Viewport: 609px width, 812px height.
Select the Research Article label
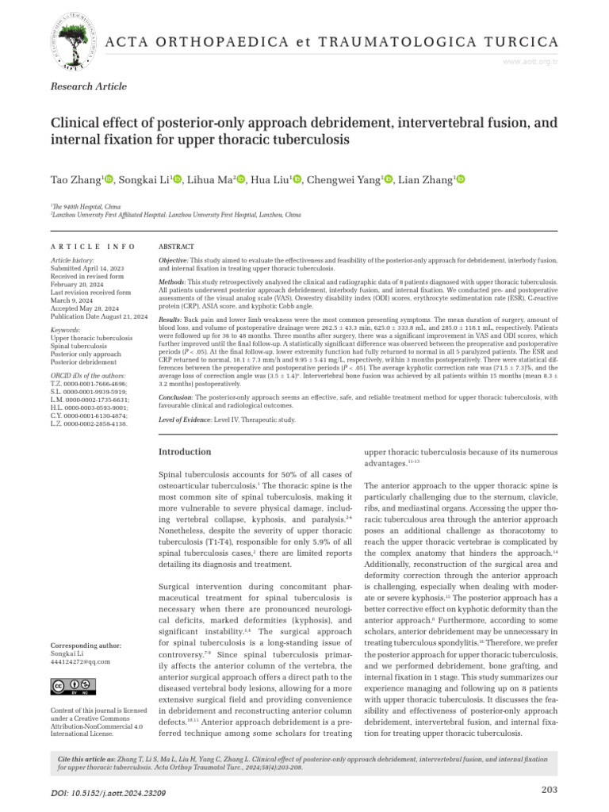88,86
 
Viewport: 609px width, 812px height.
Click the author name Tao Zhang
75,181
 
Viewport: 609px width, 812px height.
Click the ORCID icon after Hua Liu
297,181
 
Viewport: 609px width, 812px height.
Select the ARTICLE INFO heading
93,247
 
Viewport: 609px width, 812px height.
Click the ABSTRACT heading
177,247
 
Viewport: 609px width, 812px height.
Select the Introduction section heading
186,451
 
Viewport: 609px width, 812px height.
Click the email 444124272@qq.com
80,661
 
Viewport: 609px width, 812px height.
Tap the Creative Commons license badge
69,687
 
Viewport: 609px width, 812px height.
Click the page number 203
550,789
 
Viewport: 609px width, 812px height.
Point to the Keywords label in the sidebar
65,328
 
